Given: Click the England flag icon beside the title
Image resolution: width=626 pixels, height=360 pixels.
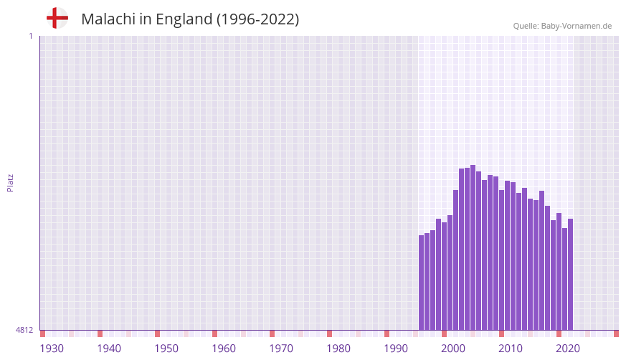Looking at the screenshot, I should tap(57, 19).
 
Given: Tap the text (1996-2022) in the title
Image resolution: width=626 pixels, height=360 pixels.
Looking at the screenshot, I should tap(257, 19).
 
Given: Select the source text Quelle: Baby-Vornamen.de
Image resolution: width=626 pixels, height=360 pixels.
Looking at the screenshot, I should tap(562, 26).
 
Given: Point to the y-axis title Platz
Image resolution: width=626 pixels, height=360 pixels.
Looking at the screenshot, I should tap(10, 183).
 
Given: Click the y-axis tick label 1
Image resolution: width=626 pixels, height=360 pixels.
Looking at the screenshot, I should tap(30, 36).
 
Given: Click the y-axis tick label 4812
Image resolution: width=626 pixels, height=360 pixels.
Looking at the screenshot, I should tap(24, 330).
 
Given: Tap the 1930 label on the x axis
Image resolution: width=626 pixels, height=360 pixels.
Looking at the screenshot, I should tap(52, 349).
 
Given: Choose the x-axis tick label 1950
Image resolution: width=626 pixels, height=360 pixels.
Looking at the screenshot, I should tap(166, 349).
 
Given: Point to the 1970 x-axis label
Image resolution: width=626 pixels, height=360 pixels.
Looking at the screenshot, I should tap(281, 349).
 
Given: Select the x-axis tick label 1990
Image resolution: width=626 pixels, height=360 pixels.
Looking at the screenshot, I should tap(396, 349).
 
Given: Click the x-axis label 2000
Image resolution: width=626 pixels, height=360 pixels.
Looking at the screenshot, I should tap(453, 349).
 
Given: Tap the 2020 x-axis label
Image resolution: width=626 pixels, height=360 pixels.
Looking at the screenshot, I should tap(568, 349).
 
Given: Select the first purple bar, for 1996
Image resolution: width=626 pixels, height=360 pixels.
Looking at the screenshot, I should tap(422, 283).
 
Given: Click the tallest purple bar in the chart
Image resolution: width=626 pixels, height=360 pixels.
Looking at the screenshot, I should tap(473, 247).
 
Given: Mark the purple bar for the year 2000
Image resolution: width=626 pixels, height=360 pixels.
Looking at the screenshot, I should tap(445, 276).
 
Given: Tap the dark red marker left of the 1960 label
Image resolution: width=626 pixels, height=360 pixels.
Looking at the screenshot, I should tap(214, 333).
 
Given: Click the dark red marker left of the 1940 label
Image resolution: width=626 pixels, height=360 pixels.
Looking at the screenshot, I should tap(100, 333).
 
